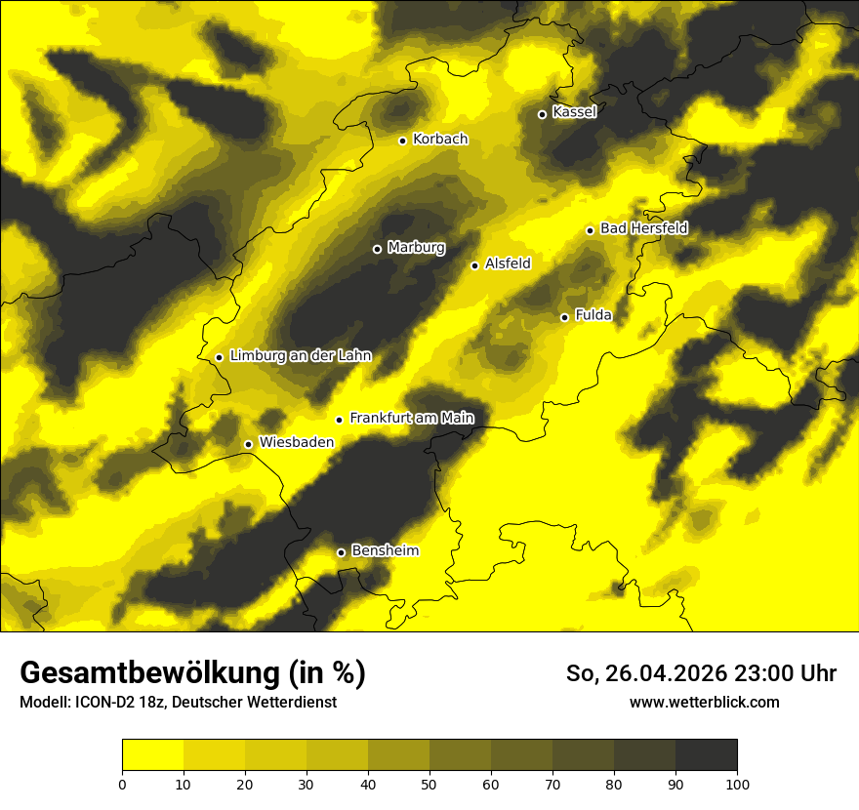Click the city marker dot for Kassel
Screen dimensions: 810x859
click(542, 114)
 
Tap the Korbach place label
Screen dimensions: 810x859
click(439, 140)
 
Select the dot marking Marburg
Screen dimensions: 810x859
click(377, 249)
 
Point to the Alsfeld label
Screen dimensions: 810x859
click(508, 263)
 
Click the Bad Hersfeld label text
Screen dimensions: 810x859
click(643, 228)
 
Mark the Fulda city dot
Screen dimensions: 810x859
click(564, 317)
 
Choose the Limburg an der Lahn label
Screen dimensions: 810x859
click(300, 356)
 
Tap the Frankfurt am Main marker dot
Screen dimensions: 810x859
click(339, 420)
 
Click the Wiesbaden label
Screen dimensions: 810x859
click(296, 442)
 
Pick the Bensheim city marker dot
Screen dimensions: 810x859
click(341, 552)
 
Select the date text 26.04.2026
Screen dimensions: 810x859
click(663, 673)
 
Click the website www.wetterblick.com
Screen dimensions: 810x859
click(704, 702)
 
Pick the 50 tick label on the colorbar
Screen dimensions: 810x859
click(429, 783)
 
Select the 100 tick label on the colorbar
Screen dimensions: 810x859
click(737, 783)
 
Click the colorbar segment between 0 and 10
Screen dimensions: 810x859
click(152, 755)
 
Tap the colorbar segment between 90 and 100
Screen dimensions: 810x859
click(706, 755)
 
